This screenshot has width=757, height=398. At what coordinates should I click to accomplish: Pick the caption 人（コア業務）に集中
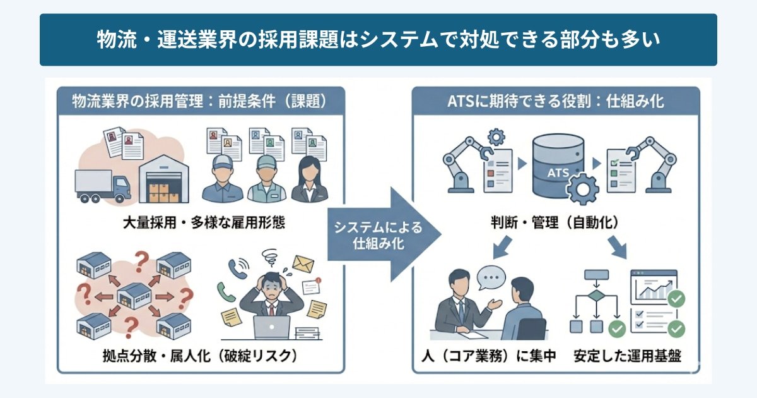pyautogui.click(x=489, y=356)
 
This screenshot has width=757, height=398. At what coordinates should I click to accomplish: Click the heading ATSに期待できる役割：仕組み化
pyautogui.click(x=555, y=100)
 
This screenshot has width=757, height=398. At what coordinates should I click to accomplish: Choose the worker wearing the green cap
pyautogui.click(x=266, y=179)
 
